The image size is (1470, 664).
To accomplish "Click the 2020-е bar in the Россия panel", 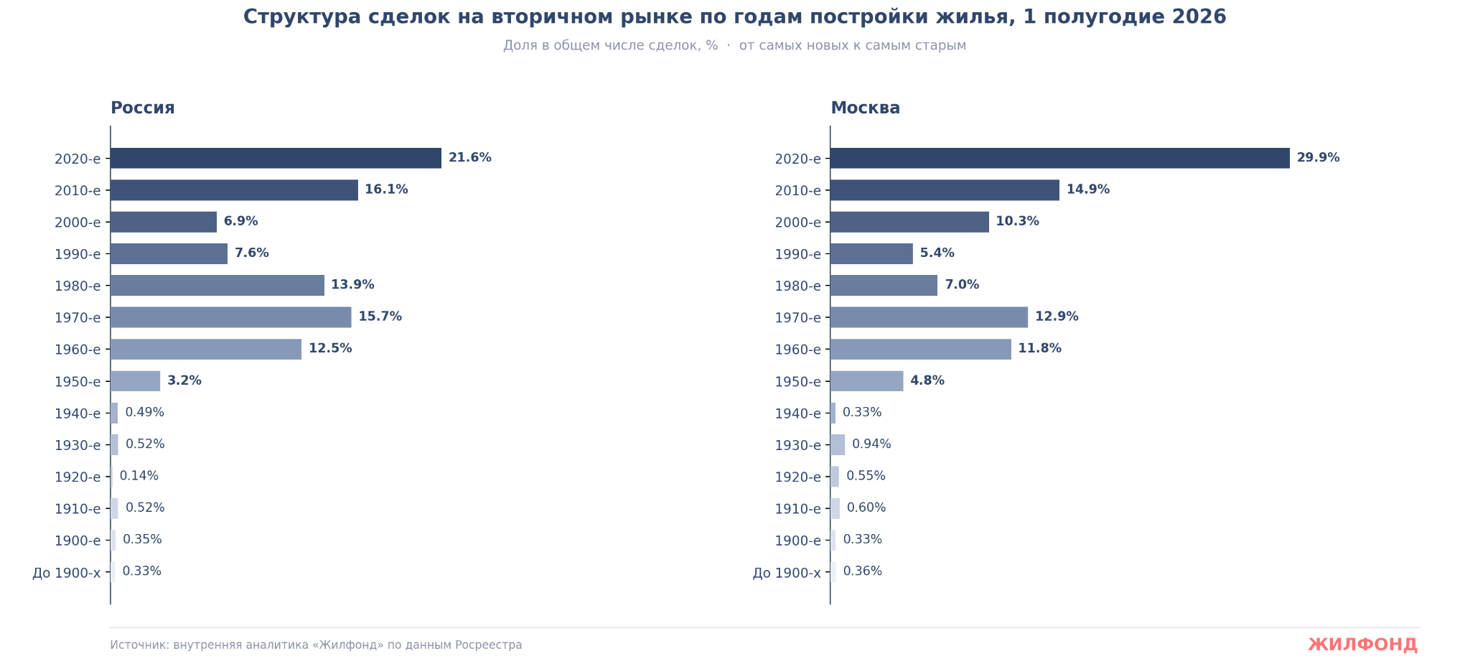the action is click(276, 158).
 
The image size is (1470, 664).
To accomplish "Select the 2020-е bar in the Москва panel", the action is click(1060, 158).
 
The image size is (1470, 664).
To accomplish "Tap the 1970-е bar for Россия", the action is click(231, 317).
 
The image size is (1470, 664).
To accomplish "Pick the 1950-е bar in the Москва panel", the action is click(867, 381).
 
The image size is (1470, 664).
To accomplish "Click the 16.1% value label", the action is click(386, 190).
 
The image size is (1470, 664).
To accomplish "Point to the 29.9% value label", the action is click(1318, 158).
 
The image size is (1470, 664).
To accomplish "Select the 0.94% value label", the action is click(871, 444).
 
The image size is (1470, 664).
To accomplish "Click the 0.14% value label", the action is click(139, 476).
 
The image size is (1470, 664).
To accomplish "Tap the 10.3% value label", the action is click(1017, 221).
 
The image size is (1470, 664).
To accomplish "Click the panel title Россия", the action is click(143, 108).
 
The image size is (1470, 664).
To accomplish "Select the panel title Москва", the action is click(865, 108).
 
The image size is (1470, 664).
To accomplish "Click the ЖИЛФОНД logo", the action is click(1363, 645).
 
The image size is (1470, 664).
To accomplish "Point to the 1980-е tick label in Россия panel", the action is click(78, 286).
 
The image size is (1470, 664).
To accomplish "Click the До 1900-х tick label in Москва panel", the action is click(787, 573).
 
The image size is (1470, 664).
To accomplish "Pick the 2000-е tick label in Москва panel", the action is click(797, 223).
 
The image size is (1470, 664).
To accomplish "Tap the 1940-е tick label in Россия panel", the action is click(78, 413).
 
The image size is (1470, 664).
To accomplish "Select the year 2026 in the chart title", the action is click(1199, 17).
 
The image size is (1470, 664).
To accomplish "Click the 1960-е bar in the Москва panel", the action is click(921, 350).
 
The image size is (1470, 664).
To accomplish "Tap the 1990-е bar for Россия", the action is click(169, 253).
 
